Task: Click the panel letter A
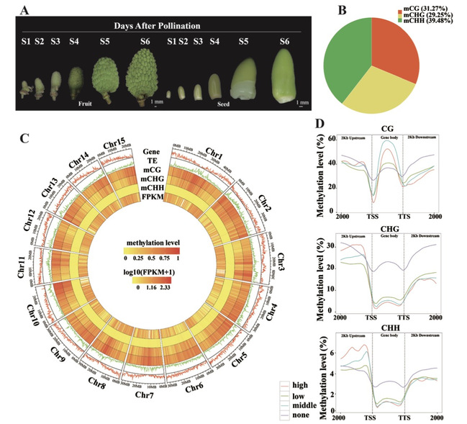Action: pos(24,11)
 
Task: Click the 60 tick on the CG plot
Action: pos(332,138)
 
